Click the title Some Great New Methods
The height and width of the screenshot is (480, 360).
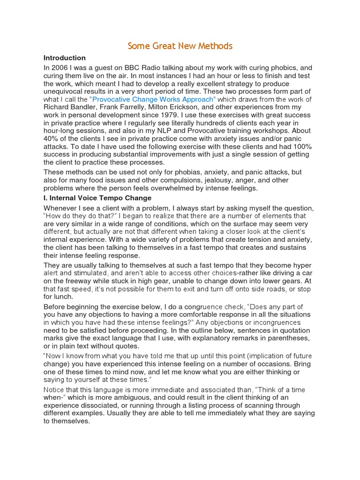(x=180, y=46)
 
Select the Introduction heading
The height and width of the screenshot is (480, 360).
(x=65, y=58)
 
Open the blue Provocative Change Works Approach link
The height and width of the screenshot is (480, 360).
(x=153, y=99)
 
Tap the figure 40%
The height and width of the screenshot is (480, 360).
(x=52, y=139)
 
